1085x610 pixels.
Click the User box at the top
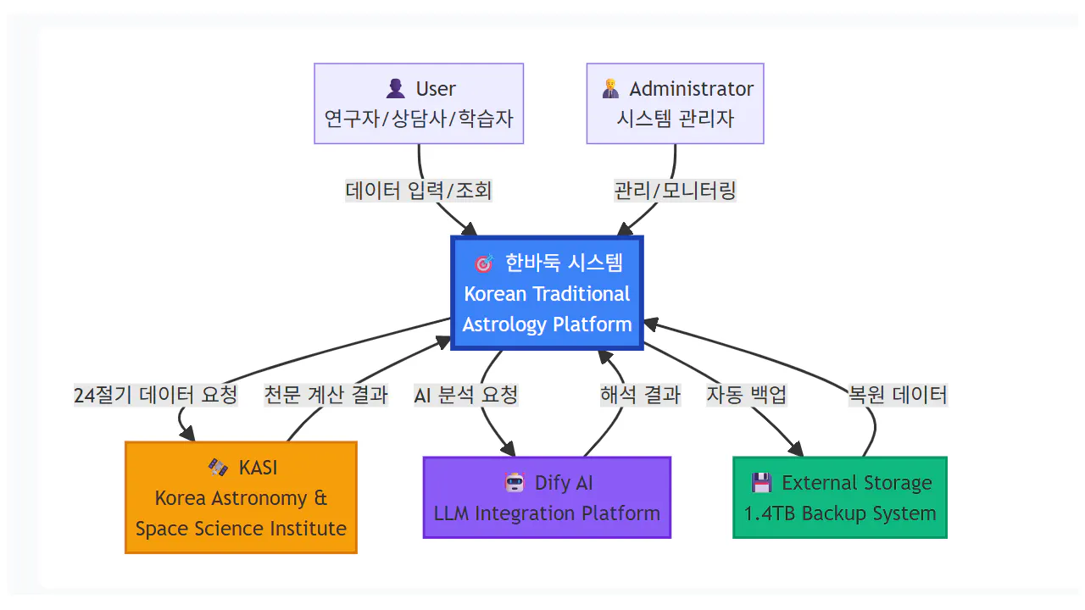coord(419,103)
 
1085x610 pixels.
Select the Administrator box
coord(676,103)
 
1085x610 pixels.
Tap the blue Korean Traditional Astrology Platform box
coord(547,293)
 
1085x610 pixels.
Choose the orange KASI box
coord(241,497)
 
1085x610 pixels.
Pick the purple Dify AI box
coord(547,497)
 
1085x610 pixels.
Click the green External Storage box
coord(839,497)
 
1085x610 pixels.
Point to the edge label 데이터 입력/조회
coord(419,191)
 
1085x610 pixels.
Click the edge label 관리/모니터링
coord(676,191)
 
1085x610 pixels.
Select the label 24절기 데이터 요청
coord(156,395)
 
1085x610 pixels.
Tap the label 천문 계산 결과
coord(325,395)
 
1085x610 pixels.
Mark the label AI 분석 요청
coord(465,395)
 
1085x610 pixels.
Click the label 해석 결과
coord(640,395)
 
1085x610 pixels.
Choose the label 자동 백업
coord(747,395)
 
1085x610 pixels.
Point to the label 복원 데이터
coord(898,395)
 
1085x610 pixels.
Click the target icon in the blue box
coord(484,263)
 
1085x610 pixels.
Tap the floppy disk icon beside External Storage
coord(762,483)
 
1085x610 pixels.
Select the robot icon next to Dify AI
coord(515,483)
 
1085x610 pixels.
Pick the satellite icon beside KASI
coord(219,468)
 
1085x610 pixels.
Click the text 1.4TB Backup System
coord(839,513)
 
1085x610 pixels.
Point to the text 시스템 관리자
coord(676,119)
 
